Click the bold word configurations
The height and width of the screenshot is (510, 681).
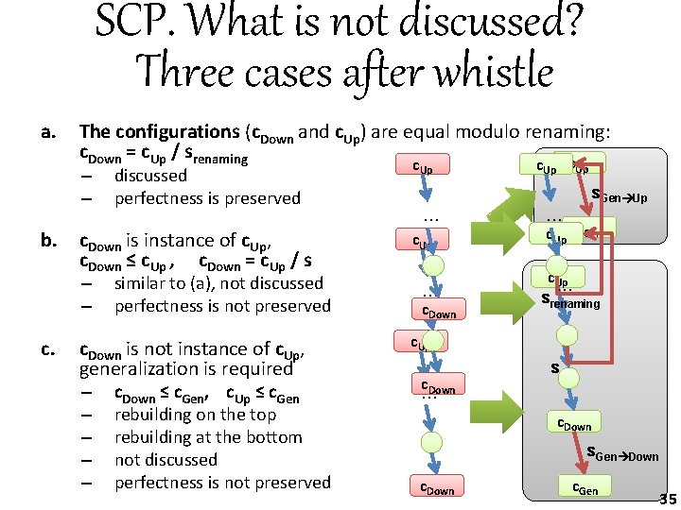pyautogui.click(x=177, y=132)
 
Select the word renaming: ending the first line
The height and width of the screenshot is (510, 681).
pyautogui.click(x=560, y=132)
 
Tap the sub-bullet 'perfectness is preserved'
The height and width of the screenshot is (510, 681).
pyautogui.click(x=207, y=198)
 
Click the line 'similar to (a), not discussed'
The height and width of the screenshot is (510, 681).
pyautogui.click(x=218, y=283)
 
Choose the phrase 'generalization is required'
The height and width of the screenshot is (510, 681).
pyautogui.click(x=186, y=369)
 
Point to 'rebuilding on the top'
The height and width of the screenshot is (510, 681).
pyautogui.click(x=195, y=415)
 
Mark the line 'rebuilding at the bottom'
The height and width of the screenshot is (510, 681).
pyautogui.click(x=208, y=437)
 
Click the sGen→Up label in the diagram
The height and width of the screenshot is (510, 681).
pyautogui.click(x=619, y=197)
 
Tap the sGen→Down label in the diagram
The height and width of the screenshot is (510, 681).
pyautogui.click(x=622, y=456)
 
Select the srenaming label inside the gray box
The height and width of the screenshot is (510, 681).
pyautogui.click(x=570, y=302)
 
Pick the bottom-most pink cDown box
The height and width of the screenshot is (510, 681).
pyautogui.click(x=437, y=487)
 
